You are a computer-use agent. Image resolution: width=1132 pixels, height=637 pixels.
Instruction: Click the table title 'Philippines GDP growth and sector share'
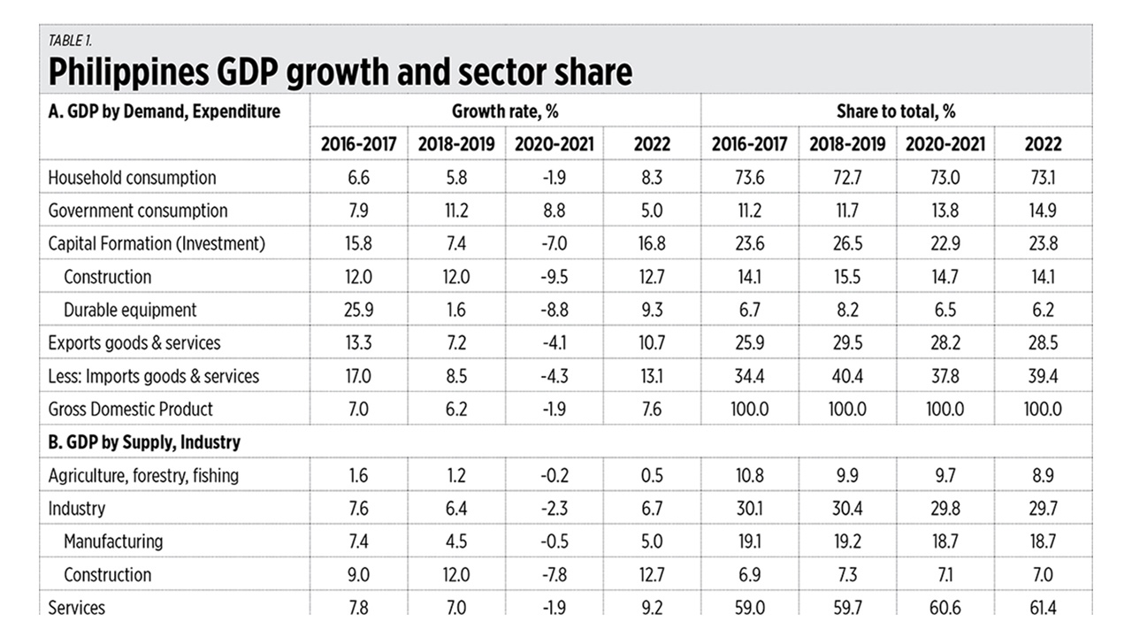pyautogui.click(x=340, y=72)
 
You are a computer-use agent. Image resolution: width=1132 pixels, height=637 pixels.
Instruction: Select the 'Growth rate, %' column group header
pyautogui.click(x=505, y=111)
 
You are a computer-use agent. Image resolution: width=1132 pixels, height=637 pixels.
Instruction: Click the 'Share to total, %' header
pyautogui.click(x=895, y=111)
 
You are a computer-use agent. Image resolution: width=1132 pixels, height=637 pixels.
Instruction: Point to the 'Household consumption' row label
pyautogui.click(x=132, y=177)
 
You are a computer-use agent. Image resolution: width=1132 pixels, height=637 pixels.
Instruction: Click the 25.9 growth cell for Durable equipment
pyautogui.click(x=359, y=310)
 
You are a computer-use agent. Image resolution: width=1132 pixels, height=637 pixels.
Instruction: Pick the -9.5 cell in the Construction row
pyautogui.click(x=554, y=277)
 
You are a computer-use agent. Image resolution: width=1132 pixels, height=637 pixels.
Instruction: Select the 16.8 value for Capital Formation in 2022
pyautogui.click(x=652, y=243)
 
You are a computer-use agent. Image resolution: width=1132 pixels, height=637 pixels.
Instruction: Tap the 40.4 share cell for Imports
pyautogui.click(x=846, y=376)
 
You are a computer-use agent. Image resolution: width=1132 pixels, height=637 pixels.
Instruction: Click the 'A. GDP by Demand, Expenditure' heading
pyautogui.click(x=164, y=111)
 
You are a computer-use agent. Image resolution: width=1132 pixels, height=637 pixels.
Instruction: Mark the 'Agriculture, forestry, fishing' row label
pyautogui.click(x=143, y=475)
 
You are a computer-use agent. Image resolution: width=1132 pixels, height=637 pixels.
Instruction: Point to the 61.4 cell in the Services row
pyautogui.click(x=1043, y=608)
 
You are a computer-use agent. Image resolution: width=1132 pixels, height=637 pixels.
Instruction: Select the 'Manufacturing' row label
pyautogui.click(x=113, y=541)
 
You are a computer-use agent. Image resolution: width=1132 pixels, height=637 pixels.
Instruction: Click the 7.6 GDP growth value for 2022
pyautogui.click(x=652, y=409)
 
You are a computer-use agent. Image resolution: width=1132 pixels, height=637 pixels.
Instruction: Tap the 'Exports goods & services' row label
pyautogui.click(x=134, y=342)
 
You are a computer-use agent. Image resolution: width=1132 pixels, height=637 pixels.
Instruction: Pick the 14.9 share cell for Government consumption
pyautogui.click(x=1043, y=211)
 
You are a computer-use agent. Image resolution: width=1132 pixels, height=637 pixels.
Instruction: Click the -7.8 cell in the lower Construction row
pyautogui.click(x=554, y=574)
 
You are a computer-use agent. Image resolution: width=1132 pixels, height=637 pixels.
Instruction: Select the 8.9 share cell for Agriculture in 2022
pyautogui.click(x=1043, y=475)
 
